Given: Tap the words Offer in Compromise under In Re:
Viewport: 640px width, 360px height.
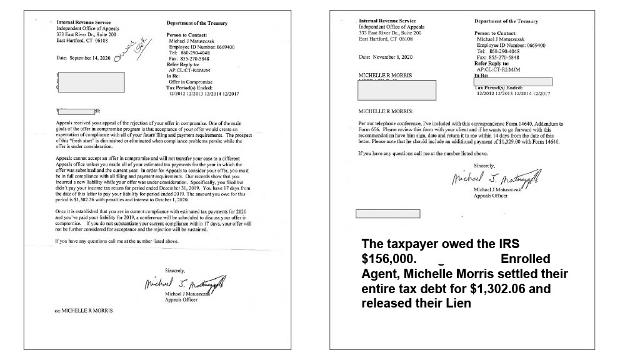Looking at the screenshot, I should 191,82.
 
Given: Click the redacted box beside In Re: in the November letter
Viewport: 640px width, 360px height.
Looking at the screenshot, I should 512,82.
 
